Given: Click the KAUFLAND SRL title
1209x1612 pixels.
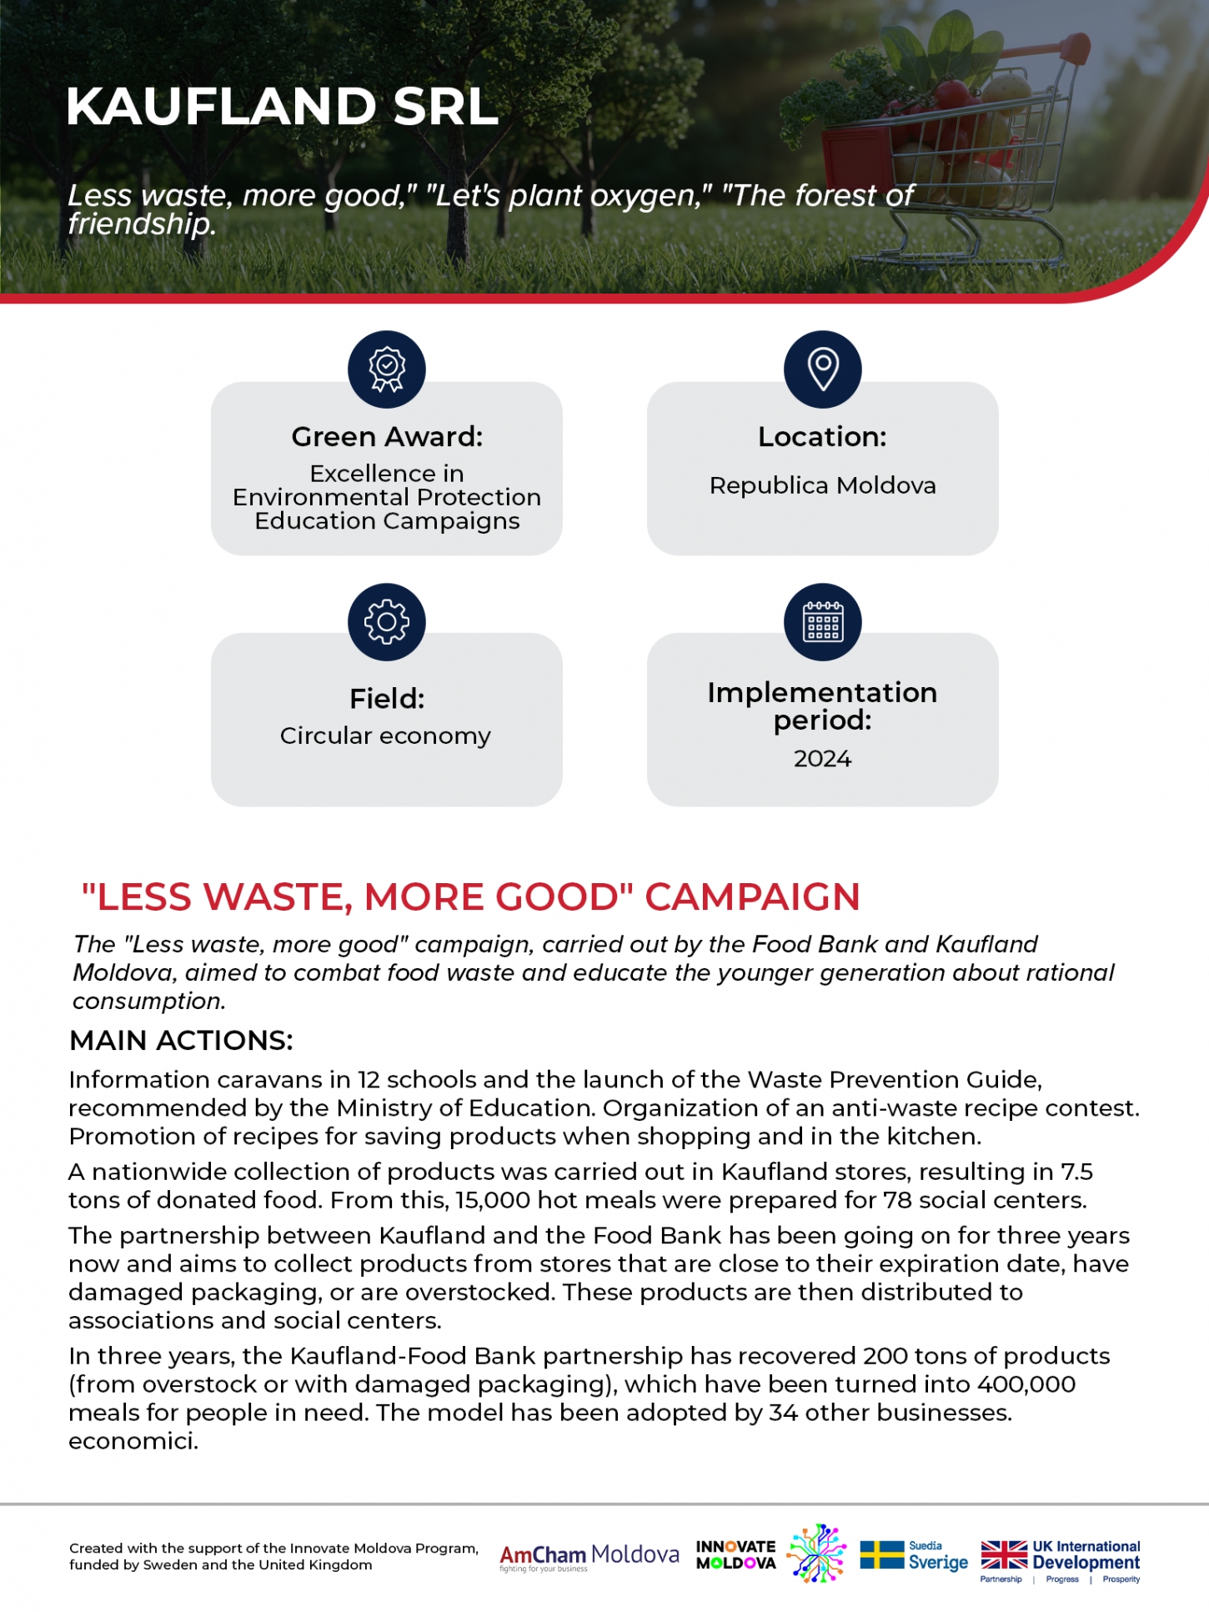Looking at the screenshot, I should click(x=282, y=107).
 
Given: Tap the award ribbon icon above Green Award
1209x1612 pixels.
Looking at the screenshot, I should click(x=387, y=369).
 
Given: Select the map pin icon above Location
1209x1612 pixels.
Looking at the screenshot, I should click(x=822, y=369).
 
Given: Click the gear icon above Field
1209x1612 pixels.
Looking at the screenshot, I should click(x=387, y=621).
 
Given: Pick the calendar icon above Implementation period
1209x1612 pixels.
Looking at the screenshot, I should click(x=822, y=621).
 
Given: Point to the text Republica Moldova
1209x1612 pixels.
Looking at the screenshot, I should click(x=822, y=485).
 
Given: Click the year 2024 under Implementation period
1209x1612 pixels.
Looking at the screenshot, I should click(x=822, y=759).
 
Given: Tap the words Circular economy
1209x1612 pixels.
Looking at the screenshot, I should click(x=385, y=736).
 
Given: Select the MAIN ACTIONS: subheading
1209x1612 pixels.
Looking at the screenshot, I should click(x=181, y=1041).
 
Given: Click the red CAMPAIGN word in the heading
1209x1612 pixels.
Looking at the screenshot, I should click(x=752, y=897).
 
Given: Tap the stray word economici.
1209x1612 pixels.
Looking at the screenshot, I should click(x=133, y=1441).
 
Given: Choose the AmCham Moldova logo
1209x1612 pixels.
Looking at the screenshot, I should click(x=589, y=1556).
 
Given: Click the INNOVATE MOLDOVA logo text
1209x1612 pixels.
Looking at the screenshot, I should click(x=735, y=1555).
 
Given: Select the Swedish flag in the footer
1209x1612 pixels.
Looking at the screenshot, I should click(x=881, y=1555).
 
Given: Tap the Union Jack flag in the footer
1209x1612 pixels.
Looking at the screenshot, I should click(x=1004, y=1555).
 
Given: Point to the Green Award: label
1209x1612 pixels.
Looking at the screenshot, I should click(x=387, y=437).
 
